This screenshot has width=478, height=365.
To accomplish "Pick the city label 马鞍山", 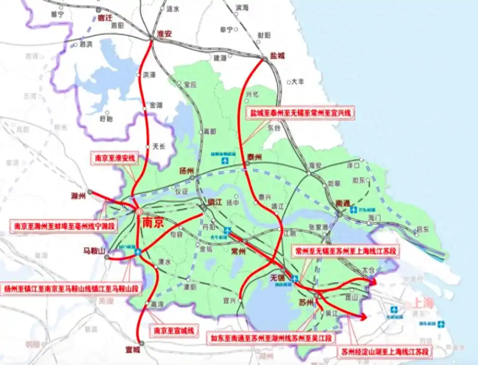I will coord(94,251).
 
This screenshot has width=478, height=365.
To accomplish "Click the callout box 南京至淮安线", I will coord(114,158).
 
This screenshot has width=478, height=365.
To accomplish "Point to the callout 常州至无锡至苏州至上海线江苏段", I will coord(346,252).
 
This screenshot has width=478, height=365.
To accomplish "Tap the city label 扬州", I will coord(185,171).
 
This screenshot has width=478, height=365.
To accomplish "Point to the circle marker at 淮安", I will coord(152,36).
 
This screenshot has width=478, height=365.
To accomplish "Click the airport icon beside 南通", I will coord(353,210).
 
